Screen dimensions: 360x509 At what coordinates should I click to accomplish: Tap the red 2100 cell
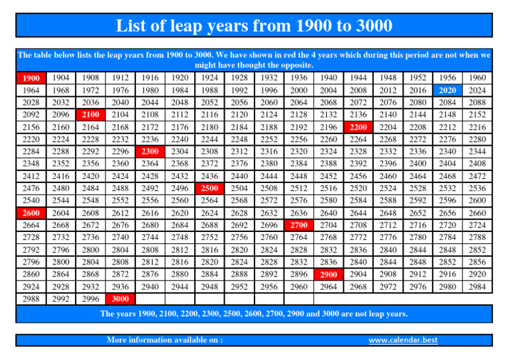pyautogui.click(x=88, y=115)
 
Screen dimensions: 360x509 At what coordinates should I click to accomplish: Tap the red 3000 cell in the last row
pyautogui.click(x=118, y=300)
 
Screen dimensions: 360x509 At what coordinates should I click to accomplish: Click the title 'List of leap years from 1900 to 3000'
pyautogui.click(x=254, y=26)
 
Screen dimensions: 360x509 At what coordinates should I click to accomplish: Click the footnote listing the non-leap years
pyautogui.click(x=254, y=313)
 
